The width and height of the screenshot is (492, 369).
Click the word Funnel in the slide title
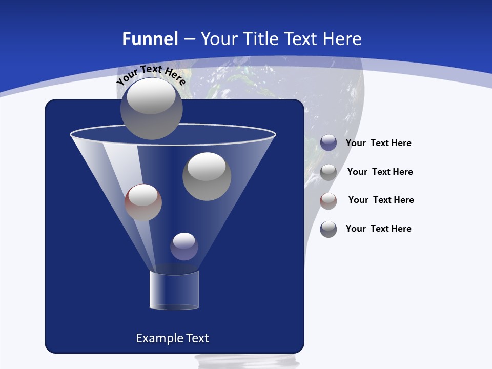tap(150, 39)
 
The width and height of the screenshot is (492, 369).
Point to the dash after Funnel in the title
tap(189, 39)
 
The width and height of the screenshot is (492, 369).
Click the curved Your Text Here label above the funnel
tap(151, 75)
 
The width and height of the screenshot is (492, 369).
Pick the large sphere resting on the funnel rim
tap(151, 108)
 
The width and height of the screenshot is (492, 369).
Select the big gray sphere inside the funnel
tap(207, 176)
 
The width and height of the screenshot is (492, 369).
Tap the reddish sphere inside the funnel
tap(143, 202)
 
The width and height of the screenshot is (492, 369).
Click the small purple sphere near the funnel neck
tap(184, 247)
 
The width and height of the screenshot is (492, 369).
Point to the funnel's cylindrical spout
tap(174, 290)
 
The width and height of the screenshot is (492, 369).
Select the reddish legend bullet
tap(329, 201)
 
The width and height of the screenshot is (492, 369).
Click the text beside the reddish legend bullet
tap(381, 200)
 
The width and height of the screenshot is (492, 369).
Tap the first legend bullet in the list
tap(329, 143)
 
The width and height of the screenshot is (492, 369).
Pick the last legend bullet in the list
tap(329, 229)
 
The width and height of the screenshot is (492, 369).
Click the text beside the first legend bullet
tap(378, 143)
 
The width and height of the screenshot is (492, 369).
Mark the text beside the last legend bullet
tap(378, 229)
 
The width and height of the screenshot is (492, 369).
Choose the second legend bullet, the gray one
tap(329, 172)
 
